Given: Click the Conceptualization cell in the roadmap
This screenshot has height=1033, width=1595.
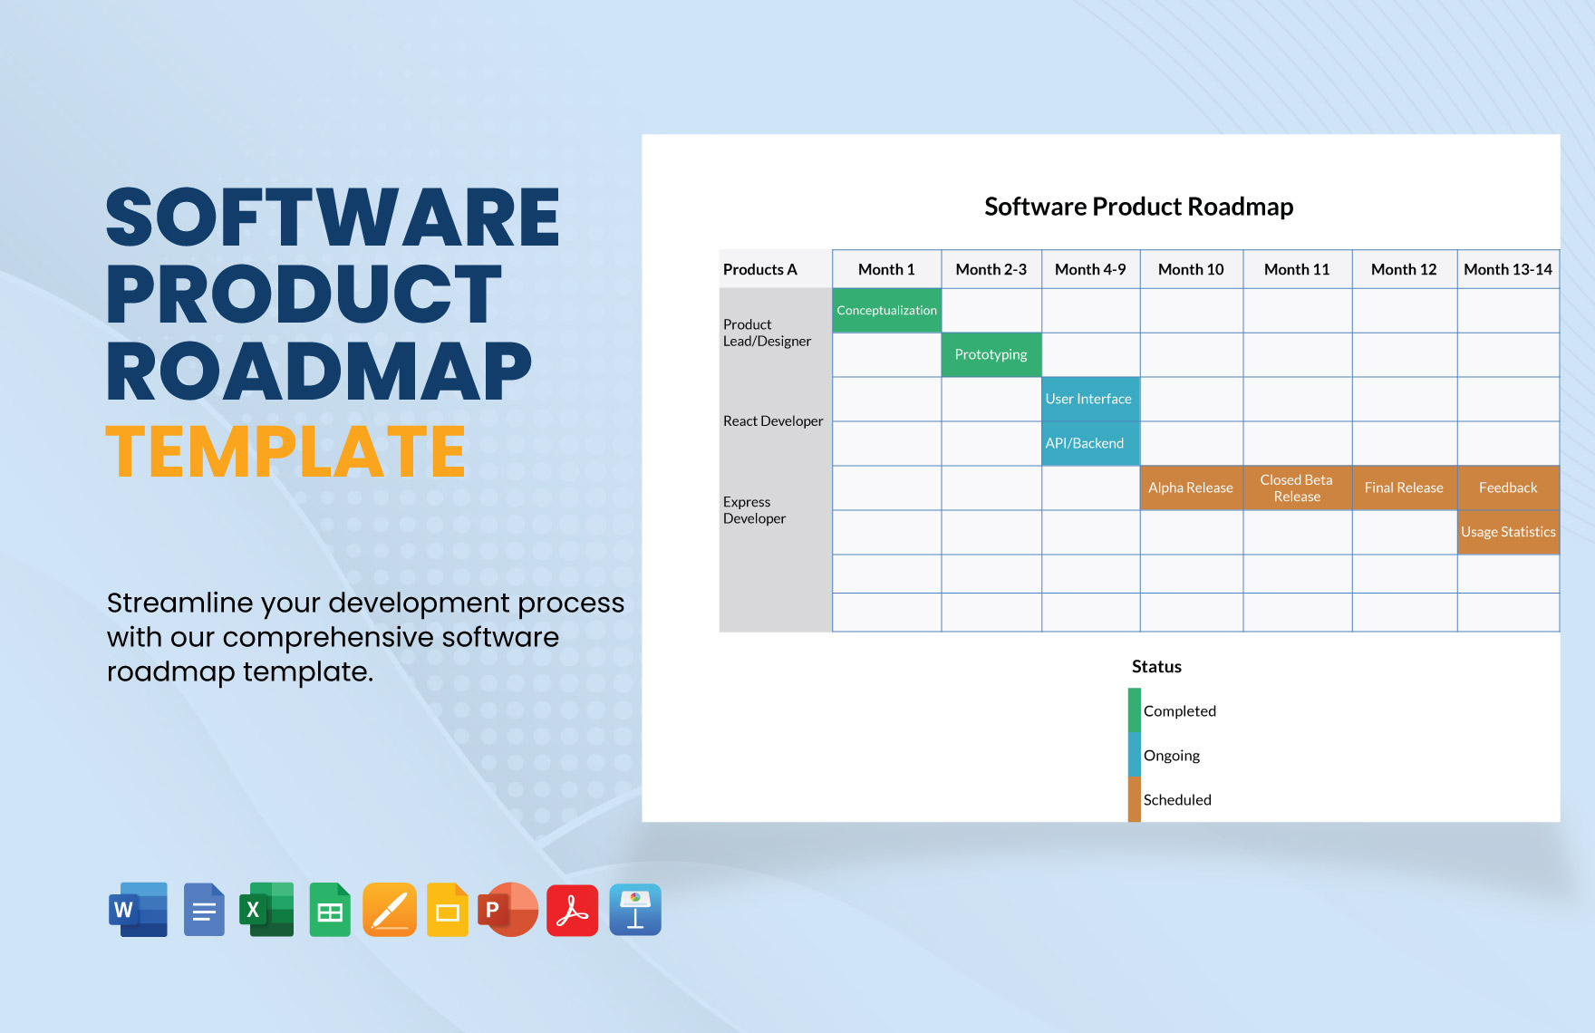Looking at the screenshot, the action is (886, 310).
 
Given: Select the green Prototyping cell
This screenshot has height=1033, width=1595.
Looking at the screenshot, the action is (991, 354).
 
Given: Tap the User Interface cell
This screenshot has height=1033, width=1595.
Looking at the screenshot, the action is (1090, 399).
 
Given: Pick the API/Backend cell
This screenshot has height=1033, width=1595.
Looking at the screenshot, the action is (1090, 443).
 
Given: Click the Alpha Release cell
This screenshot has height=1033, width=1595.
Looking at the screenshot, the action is (1191, 488).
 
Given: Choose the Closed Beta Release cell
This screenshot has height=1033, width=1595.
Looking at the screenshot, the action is (1297, 488).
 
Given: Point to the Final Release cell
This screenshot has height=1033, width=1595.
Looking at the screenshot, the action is (1404, 488).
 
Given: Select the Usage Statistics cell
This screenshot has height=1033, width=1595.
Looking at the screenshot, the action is (1508, 532).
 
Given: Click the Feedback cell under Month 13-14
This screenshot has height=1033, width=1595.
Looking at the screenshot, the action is (1508, 488).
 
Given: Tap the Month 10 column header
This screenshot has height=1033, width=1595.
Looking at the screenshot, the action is (1191, 269).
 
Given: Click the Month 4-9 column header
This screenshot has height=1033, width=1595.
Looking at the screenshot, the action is (1090, 269).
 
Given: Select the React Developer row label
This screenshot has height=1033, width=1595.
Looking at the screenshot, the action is (773, 421).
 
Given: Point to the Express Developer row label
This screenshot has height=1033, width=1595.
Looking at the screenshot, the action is (754, 510).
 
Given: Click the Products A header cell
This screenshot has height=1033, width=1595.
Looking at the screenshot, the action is (776, 269).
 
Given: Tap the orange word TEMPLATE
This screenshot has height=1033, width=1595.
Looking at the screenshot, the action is (286, 451).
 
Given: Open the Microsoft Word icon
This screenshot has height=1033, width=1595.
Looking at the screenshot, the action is (139, 910).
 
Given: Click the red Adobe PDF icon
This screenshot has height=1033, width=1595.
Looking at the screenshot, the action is (573, 910).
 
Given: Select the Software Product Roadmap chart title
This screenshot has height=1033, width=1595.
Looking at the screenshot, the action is (1139, 207).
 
